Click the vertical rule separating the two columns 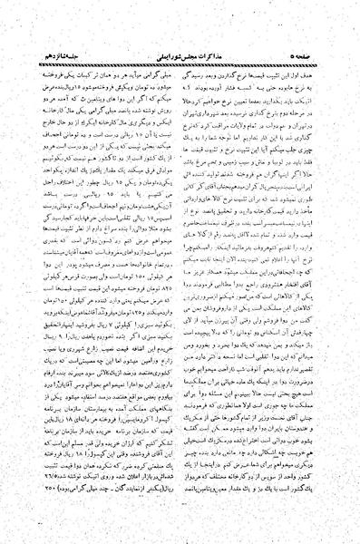(x=181, y=272)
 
